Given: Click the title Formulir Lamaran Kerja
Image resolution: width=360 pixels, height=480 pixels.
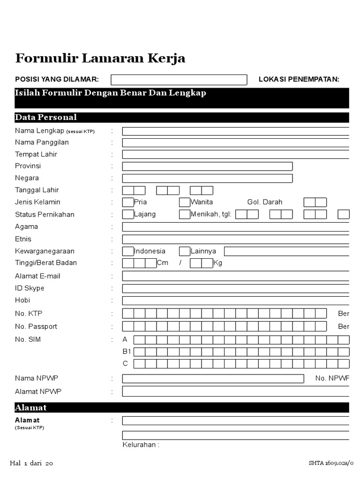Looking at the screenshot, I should (x=100, y=59).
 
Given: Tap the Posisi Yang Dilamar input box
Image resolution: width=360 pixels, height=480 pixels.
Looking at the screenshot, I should (x=179, y=80).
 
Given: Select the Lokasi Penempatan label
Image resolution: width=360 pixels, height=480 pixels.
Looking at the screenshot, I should (x=299, y=79).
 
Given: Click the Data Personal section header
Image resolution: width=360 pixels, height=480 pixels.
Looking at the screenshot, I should (x=46, y=117).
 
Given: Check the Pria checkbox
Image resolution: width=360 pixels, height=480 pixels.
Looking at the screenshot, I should (x=128, y=202).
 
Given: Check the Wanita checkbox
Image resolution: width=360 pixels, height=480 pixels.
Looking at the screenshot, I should (x=185, y=202).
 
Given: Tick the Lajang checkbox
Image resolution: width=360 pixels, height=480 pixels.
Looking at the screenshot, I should (x=128, y=215).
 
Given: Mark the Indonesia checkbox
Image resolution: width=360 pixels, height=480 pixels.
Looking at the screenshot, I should (x=128, y=251).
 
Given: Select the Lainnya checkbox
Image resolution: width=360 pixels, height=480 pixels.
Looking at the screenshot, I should (x=185, y=251).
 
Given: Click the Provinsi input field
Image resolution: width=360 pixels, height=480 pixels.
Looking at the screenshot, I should (x=207, y=166).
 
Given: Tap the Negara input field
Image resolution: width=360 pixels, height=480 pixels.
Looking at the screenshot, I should (x=207, y=179).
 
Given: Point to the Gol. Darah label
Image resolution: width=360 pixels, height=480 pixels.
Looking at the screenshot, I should (x=265, y=202).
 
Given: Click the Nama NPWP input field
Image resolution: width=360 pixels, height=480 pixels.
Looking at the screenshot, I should (x=213, y=379).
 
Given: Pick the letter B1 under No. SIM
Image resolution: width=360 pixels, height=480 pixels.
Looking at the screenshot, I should (x=126, y=352).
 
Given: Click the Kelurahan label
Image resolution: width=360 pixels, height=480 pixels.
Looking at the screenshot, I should (x=141, y=445).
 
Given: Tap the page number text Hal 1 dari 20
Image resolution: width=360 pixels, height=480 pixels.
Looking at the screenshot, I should (x=31, y=464).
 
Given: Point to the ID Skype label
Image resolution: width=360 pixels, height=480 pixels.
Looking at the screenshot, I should (x=30, y=288).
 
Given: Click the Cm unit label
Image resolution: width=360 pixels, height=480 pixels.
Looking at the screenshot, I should (x=163, y=263).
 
